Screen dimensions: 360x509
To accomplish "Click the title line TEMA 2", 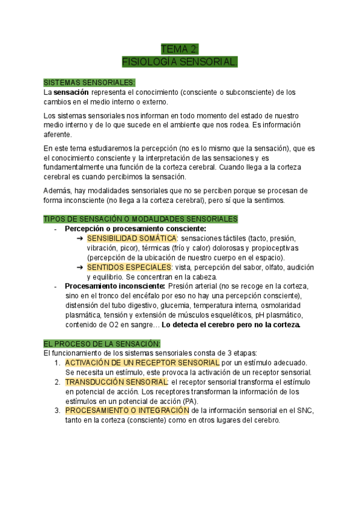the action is [180, 49].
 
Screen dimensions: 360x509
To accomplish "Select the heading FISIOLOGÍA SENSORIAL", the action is [180, 62].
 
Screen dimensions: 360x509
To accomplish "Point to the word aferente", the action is [58, 134].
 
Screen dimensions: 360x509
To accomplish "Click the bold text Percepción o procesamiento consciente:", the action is [135, 229].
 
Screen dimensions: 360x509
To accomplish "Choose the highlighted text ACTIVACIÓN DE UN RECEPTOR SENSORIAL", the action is [142, 363].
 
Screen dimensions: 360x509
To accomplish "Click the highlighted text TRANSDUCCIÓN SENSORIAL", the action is [117, 382].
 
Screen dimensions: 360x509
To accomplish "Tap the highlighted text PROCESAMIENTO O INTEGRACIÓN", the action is [127, 411].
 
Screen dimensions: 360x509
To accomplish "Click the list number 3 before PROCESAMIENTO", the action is [56, 411].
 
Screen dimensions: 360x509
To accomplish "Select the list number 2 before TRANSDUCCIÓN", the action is [56, 382].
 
